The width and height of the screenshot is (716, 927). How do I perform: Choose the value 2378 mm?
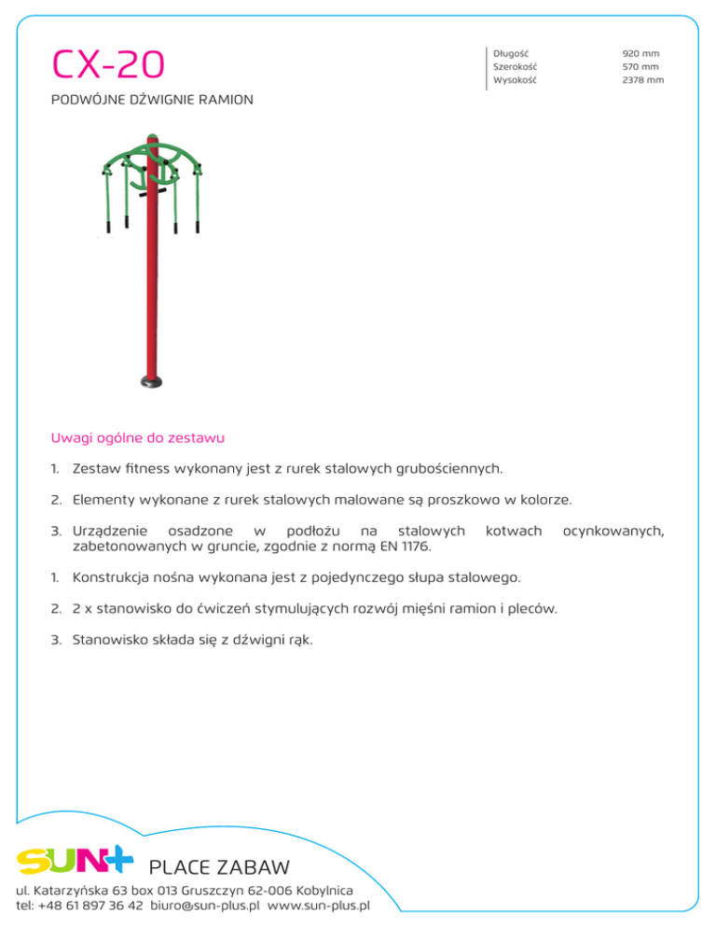(x=642, y=80)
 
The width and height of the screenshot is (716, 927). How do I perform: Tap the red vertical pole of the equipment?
(x=149, y=280)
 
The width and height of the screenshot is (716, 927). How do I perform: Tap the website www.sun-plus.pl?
(x=319, y=905)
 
